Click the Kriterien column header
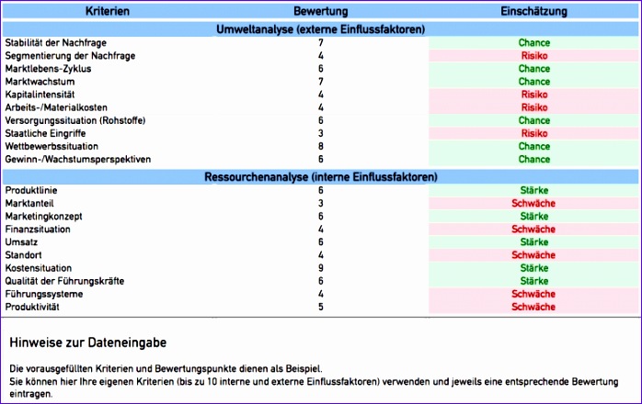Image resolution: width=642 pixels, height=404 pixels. click(107, 11)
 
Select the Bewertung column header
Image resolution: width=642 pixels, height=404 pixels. click(320, 11)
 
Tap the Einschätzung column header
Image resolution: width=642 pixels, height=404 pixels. click(533, 11)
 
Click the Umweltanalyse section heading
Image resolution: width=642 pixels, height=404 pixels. click(320, 29)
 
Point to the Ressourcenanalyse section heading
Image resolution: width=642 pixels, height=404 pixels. click(320, 176)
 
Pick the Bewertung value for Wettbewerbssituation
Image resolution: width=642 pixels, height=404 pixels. click(320, 146)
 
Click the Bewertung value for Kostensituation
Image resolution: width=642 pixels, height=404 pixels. click(320, 267)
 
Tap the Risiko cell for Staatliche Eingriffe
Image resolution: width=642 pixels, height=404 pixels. click(534, 133)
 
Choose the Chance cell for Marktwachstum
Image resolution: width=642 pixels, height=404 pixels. click(534, 82)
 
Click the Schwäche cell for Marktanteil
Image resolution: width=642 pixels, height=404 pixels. click(534, 203)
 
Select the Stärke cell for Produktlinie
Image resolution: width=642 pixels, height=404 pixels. click(534, 190)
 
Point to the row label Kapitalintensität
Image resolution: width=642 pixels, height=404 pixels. click(40, 95)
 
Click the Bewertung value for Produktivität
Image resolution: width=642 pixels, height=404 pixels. click(320, 307)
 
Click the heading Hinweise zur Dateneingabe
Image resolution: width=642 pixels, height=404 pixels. click(88, 342)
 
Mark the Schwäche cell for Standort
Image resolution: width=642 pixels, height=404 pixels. click(534, 254)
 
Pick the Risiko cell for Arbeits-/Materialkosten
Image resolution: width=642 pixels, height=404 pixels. click(534, 107)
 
